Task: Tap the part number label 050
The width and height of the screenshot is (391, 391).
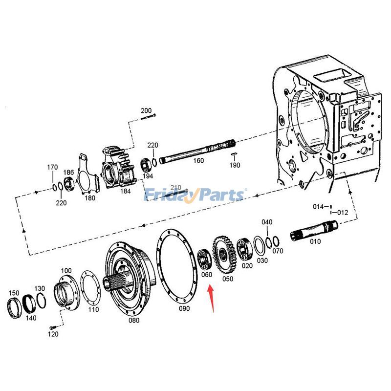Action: coord(228,279)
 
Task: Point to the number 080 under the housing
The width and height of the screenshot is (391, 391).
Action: coord(133,321)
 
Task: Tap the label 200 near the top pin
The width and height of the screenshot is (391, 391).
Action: coord(146,110)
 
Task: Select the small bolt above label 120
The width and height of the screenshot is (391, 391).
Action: coord(53,327)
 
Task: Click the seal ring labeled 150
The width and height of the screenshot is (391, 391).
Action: coord(15,308)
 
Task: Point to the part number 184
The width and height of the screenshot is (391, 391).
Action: coord(126,191)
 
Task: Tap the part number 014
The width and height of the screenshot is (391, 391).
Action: coord(318,207)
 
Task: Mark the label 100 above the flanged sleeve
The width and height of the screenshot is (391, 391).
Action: coord(66,270)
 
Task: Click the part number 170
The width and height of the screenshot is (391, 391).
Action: coord(52,168)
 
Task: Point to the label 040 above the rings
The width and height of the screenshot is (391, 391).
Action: coord(266,222)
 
